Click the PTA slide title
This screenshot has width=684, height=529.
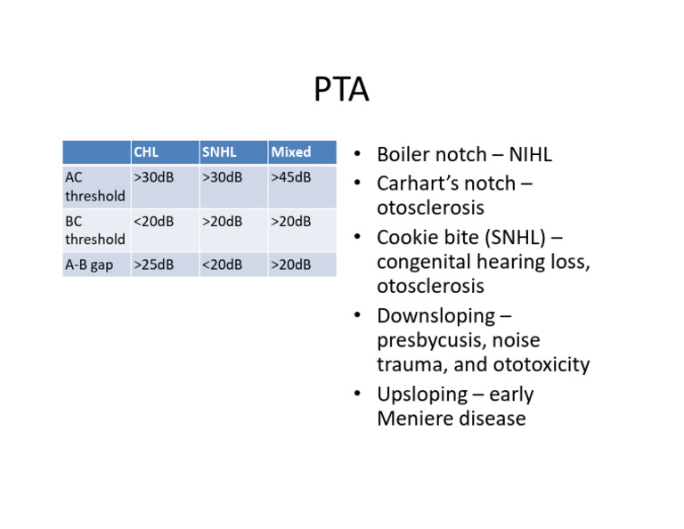341,90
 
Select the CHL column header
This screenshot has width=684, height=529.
146,152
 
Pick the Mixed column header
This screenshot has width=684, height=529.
291,152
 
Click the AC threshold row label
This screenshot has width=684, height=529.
94,186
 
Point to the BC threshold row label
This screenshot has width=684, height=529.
94,230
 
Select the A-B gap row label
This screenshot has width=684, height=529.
89,264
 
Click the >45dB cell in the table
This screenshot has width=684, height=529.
291,177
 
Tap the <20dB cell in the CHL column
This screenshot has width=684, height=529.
153,221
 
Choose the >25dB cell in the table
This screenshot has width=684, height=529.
153,264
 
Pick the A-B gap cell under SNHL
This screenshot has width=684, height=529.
222,264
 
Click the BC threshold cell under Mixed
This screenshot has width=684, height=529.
291,221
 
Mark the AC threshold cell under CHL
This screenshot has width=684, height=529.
153,177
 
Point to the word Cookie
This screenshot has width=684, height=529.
407,238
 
